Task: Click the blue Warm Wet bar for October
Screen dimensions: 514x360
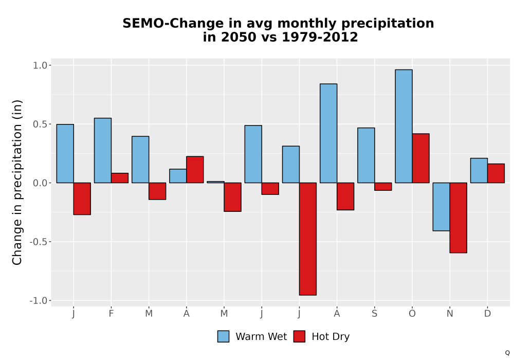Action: (403, 126)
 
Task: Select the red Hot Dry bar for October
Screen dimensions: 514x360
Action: (420, 158)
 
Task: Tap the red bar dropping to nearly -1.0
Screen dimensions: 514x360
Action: (308, 239)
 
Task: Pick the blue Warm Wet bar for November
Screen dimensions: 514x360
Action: (441, 207)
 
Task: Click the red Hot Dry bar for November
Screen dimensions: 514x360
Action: (458, 218)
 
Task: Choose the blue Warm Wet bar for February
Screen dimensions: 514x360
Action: (103, 151)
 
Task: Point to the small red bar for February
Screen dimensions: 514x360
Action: (120, 178)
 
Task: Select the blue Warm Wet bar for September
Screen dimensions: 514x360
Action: (366, 155)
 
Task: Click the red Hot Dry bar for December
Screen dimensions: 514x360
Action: (496, 173)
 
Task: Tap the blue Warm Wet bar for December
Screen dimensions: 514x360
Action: (479, 171)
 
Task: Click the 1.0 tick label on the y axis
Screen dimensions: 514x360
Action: (40, 65)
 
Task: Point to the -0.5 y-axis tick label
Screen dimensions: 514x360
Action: (39, 242)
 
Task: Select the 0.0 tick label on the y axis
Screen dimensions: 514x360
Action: (40, 183)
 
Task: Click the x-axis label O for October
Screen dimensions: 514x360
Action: (412, 314)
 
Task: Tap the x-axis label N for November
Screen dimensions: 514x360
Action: (450, 314)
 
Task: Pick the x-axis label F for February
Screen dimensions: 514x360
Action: (111, 314)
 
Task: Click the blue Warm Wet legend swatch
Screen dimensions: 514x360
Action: (223, 336)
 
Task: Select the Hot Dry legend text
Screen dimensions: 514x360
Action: (331, 337)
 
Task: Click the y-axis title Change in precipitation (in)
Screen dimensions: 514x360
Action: (17, 183)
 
